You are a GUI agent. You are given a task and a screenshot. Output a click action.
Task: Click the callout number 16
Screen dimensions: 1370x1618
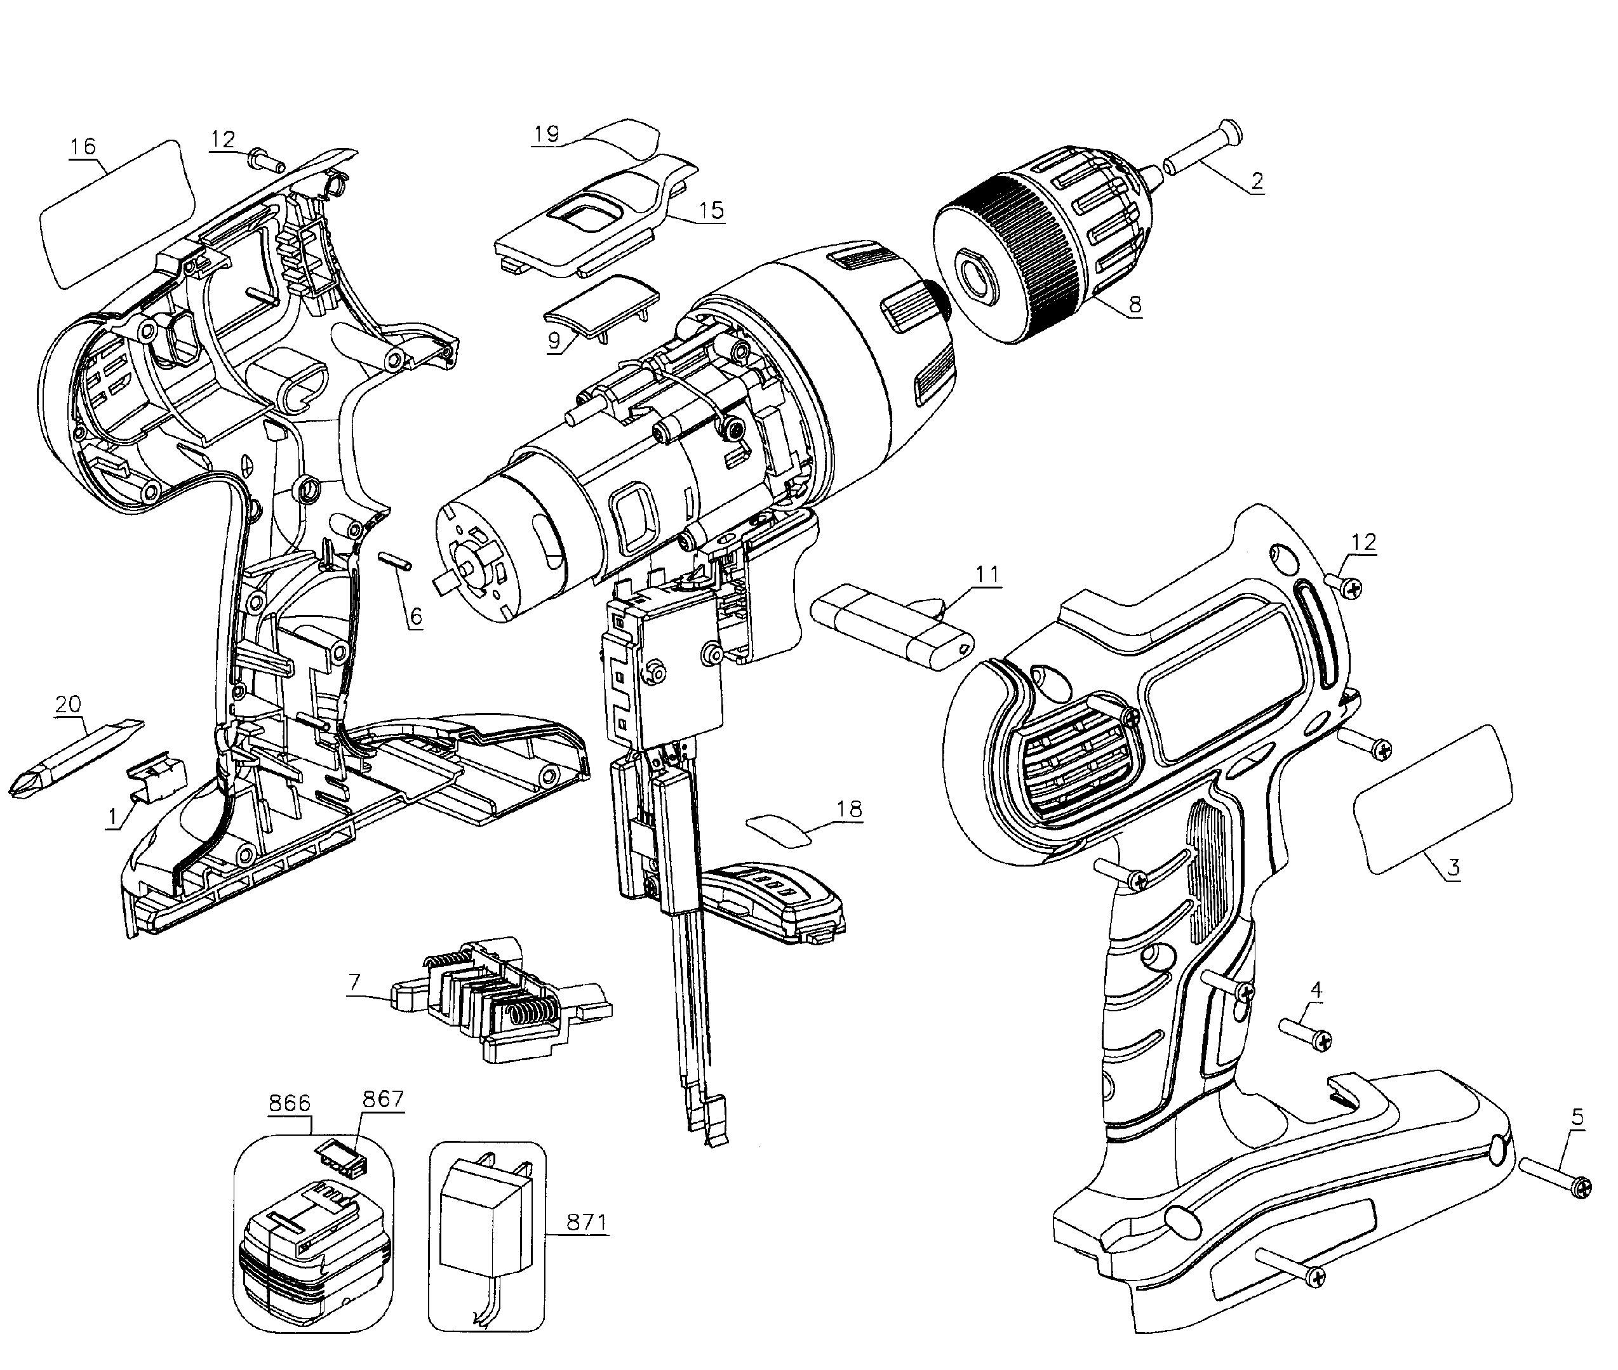point(83,146)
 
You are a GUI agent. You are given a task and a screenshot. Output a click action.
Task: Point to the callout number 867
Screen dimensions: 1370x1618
point(382,1099)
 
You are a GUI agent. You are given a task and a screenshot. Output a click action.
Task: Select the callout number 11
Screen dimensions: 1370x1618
point(987,575)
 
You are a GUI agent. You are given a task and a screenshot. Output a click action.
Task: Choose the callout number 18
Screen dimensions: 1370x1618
point(849,809)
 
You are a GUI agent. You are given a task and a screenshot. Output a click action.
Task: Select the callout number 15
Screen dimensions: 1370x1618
point(711,209)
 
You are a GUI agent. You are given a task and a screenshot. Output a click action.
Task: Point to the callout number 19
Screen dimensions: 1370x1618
point(546,133)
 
